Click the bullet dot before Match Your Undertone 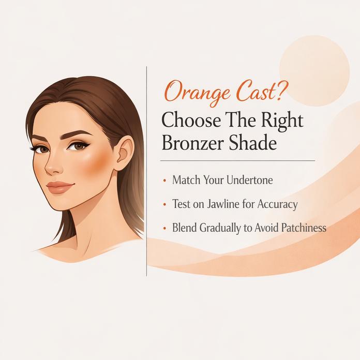pyautogui.click(x=164, y=182)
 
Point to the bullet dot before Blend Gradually pyautogui.click(x=164, y=228)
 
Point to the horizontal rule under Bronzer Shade pyautogui.click(x=237, y=161)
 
